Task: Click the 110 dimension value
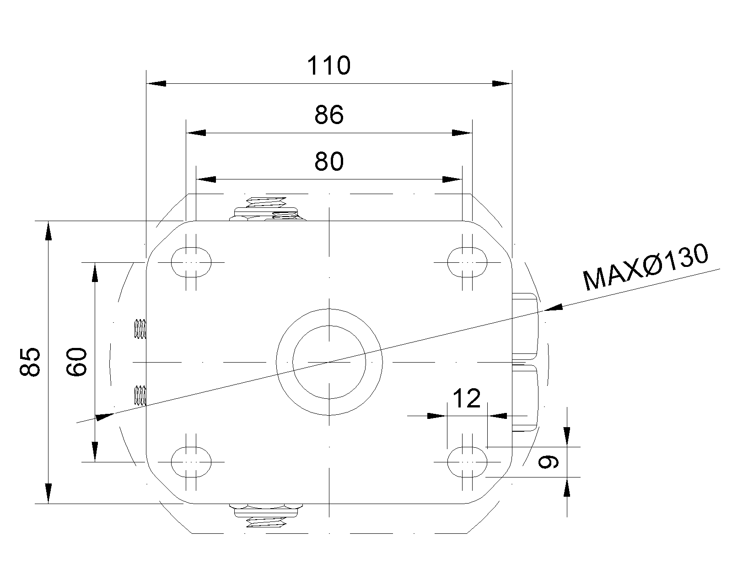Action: pyautogui.click(x=328, y=65)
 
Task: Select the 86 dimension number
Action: pyautogui.click(x=329, y=115)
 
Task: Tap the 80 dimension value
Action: pyautogui.click(x=329, y=162)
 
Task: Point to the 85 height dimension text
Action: pyautogui.click(x=30, y=362)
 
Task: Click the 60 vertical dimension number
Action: pyautogui.click(x=76, y=362)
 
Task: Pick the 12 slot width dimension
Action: pyautogui.click(x=467, y=398)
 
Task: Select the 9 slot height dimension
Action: pyautogui.click(x=548, y=462)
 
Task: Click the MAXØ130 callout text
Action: pyautogui.click(x=646, y=266)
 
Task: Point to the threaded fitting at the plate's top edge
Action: pyautogui.click(x=267, y=209)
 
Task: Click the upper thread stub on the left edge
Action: pyautogui.click(x=140, y=329)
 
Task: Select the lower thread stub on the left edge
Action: pyautogui.click(x=140, y=395)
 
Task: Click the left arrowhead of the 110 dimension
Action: pyautogui.click(x=156, y=83)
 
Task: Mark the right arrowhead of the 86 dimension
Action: pyautogui.click(x=462, y=133)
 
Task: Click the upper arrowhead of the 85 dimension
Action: pyautogui.click(x=48, y=231)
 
